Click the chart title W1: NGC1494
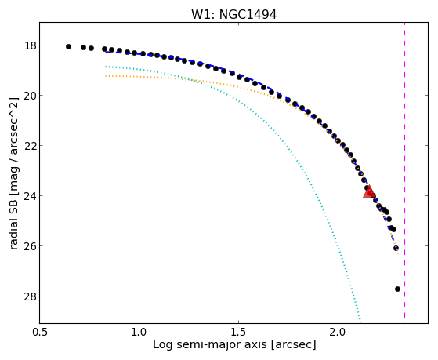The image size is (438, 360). [233, 15]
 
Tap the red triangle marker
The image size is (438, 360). [369, 192]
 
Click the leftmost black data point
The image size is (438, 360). [68, 47]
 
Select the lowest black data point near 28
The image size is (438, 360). [397, 289]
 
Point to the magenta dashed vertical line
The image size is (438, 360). [405, 170]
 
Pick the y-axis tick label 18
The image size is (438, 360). [30, 45]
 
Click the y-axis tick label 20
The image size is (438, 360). [30, 96]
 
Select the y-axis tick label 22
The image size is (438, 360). [30, 145]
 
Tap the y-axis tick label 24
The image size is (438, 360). [30, 195]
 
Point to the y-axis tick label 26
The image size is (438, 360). [30, 245]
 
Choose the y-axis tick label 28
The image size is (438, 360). [30, 296]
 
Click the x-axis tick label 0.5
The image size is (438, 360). [40, 333]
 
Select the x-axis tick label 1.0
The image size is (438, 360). [139, 333]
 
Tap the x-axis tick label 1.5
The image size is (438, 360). [238, 333]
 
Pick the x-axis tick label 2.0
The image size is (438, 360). [338, 333]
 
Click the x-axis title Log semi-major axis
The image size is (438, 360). [210, 344]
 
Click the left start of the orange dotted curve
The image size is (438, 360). [106, 76]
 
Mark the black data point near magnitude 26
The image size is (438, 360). [396, 248]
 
